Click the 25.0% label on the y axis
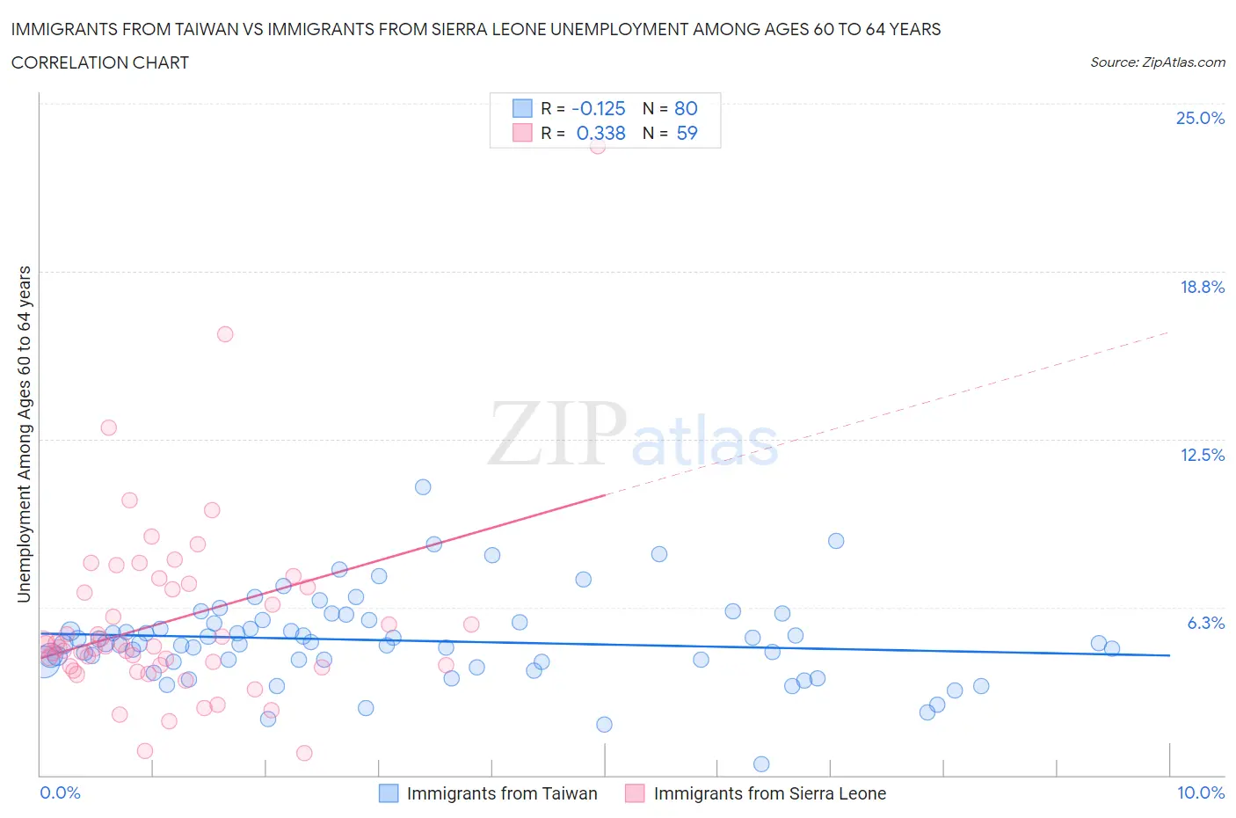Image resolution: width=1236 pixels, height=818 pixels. (1200, 118)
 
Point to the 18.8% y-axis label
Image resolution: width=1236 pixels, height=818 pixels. (1202, 287)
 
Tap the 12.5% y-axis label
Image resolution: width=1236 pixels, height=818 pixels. (1202, 455)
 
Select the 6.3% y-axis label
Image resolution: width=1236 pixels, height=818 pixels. (1205, 623)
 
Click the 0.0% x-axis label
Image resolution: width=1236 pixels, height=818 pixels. (60, 792)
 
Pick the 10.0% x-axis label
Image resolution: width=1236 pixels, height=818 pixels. (1201, 792)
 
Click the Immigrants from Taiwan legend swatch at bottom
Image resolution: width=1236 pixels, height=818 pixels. (389, 793)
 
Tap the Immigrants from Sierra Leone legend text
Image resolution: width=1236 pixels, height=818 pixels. (769, 793)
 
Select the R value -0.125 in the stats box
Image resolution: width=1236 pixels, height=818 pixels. (598, 108)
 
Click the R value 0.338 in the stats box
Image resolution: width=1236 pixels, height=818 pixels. (600, 133)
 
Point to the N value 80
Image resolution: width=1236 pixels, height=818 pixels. (686, 108)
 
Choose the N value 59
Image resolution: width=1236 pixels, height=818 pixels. (687, 133)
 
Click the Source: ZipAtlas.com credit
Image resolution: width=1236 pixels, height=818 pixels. (1157, 62)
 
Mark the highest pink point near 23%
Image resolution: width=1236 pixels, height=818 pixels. (598, 146)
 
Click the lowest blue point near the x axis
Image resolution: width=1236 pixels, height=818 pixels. (761, 764)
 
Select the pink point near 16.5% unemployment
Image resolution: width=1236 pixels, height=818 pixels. (225, 334)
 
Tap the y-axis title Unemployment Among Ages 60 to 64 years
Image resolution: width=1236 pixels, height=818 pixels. (24, 435)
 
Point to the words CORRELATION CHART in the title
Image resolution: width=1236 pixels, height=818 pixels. (100, 62)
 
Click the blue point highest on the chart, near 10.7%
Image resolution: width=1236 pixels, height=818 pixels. (423, 487)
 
